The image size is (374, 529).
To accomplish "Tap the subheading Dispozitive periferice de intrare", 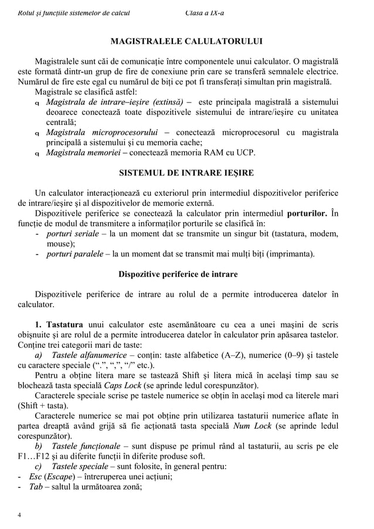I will pos(186,274).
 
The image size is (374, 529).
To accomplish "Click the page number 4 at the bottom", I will pos(19,516).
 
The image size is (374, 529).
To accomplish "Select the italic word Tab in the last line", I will pos(36,486).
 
